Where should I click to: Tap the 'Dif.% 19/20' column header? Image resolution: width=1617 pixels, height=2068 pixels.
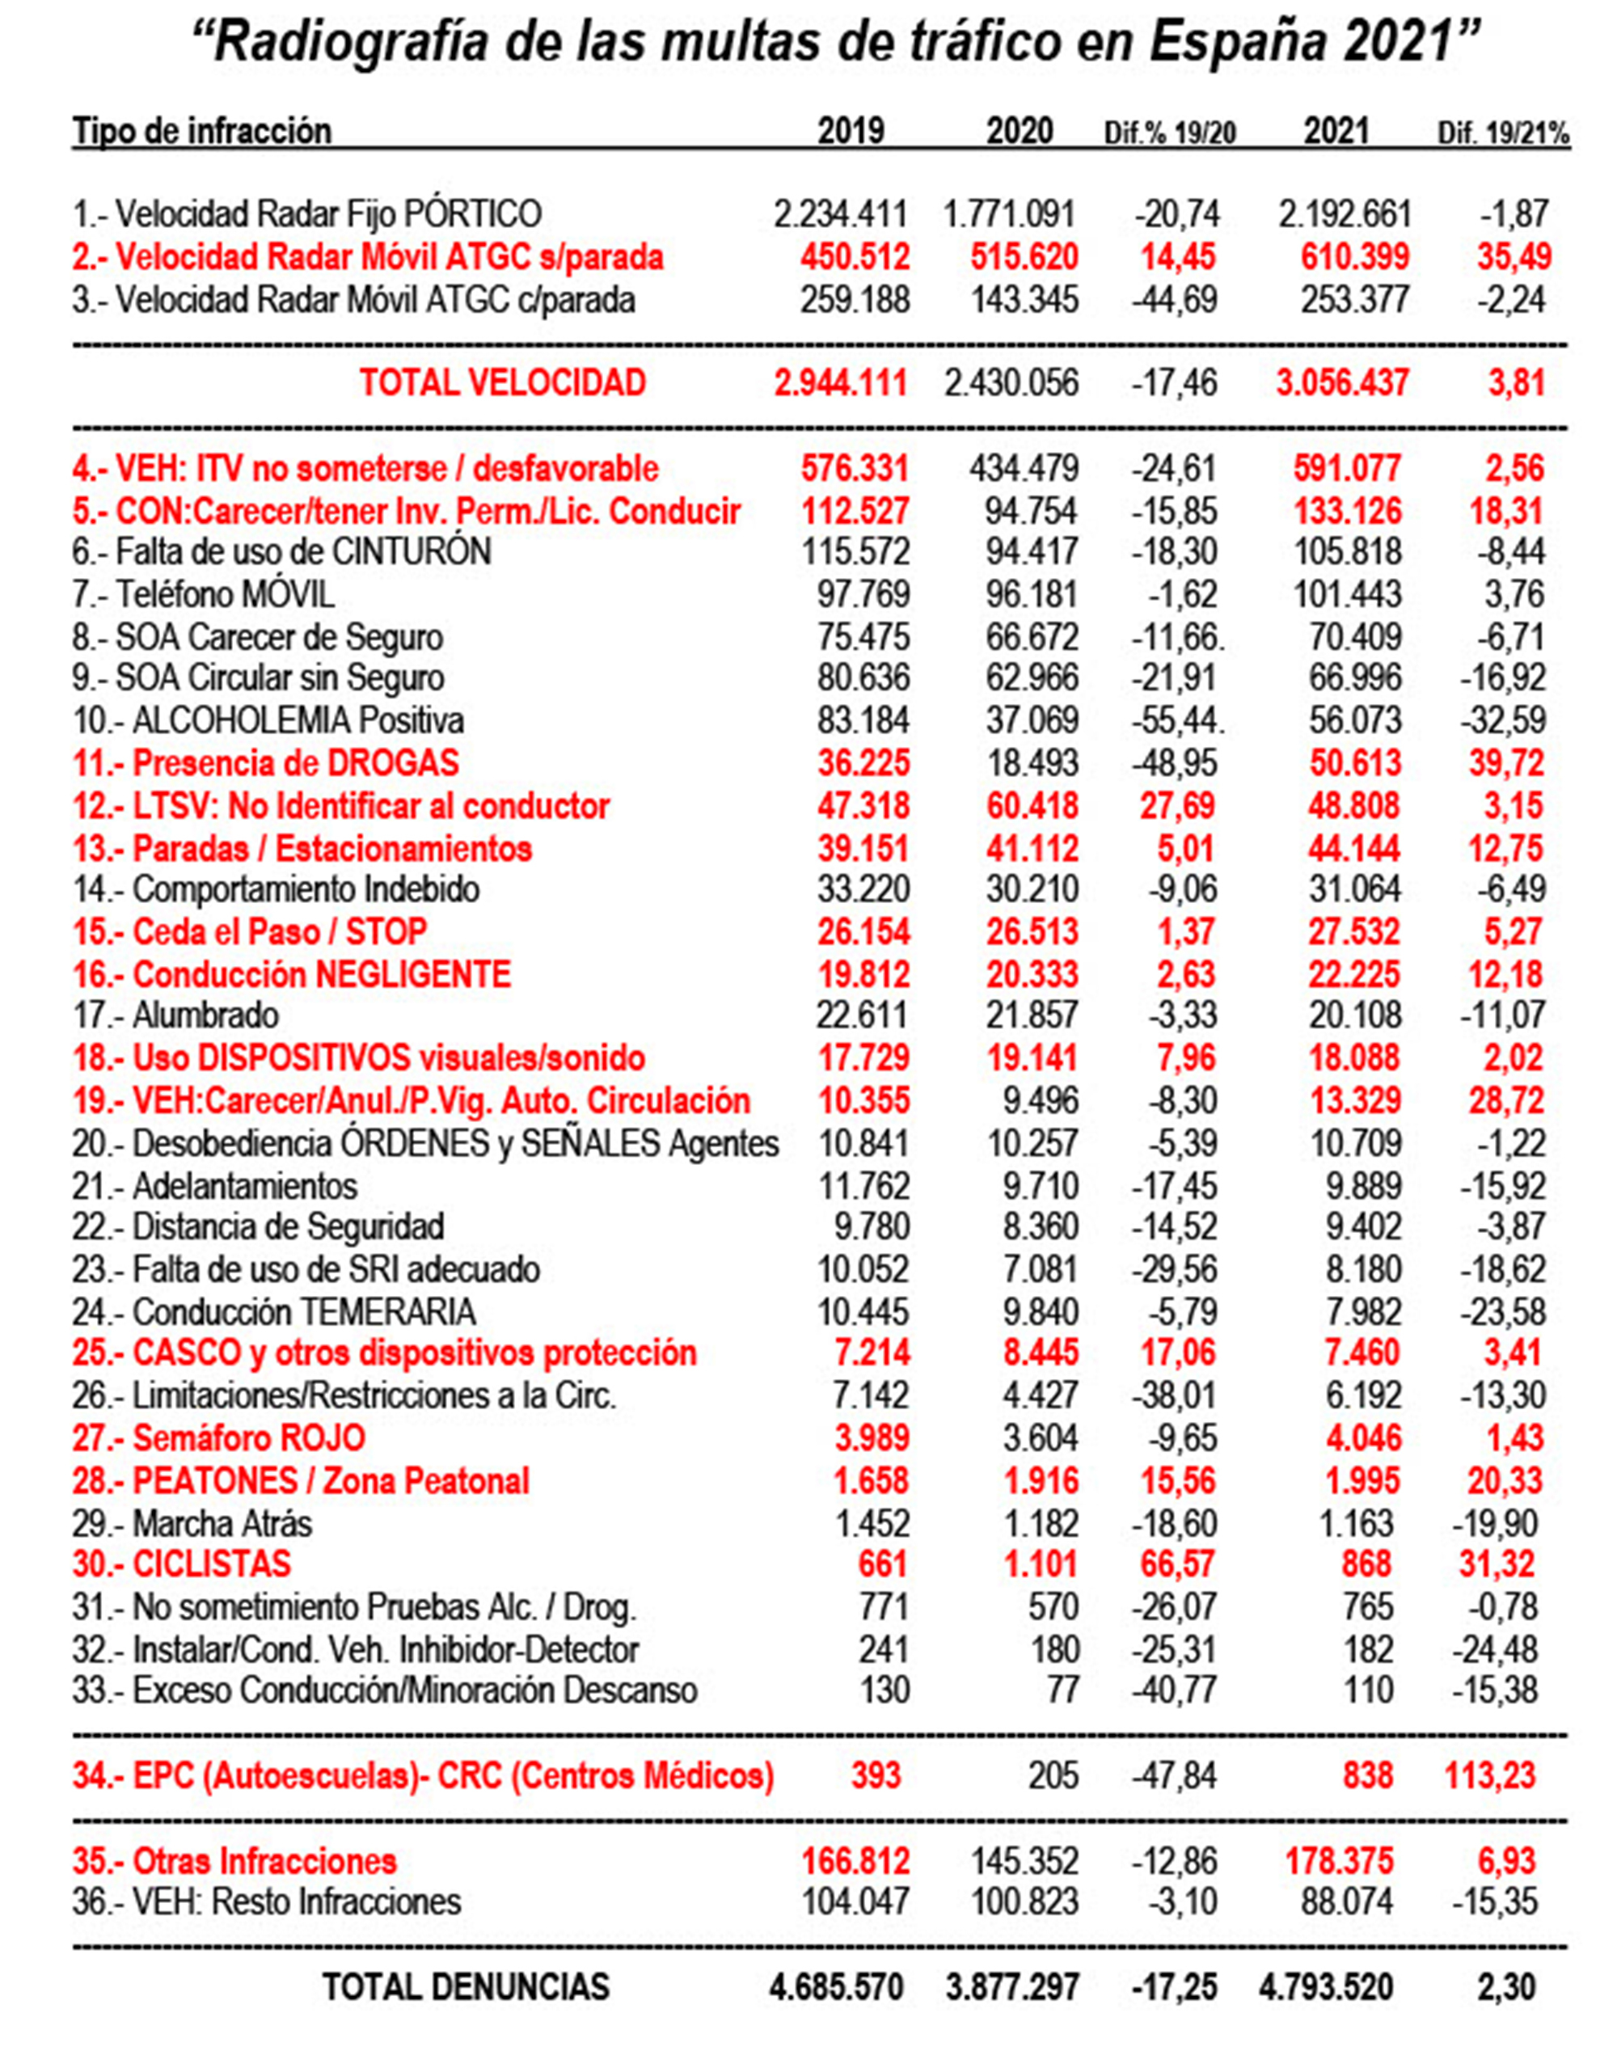tap(1170, 133)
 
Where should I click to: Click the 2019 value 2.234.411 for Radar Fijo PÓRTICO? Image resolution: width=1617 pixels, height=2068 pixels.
tap(840, 214)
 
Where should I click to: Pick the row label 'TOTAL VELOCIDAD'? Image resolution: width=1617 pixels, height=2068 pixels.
tap(503, 382)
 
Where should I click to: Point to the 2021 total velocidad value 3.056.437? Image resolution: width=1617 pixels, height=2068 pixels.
tap(1342, 382)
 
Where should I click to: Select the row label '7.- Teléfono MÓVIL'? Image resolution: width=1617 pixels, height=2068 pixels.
tap(204, 595)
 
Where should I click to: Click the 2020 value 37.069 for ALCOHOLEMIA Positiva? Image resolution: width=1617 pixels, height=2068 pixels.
tap(1031, 720)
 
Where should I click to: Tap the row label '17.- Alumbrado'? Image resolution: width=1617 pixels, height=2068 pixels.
tap(176, 1016)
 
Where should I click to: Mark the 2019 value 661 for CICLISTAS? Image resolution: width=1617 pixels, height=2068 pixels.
tap(882, 1564)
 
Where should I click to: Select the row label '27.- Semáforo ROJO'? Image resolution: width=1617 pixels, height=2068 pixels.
tap(218, 1438)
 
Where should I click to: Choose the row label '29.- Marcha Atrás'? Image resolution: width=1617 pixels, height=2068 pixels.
tap(192, 1524)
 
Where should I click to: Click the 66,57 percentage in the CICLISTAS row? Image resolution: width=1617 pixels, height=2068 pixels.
tap(1177, 1564)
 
